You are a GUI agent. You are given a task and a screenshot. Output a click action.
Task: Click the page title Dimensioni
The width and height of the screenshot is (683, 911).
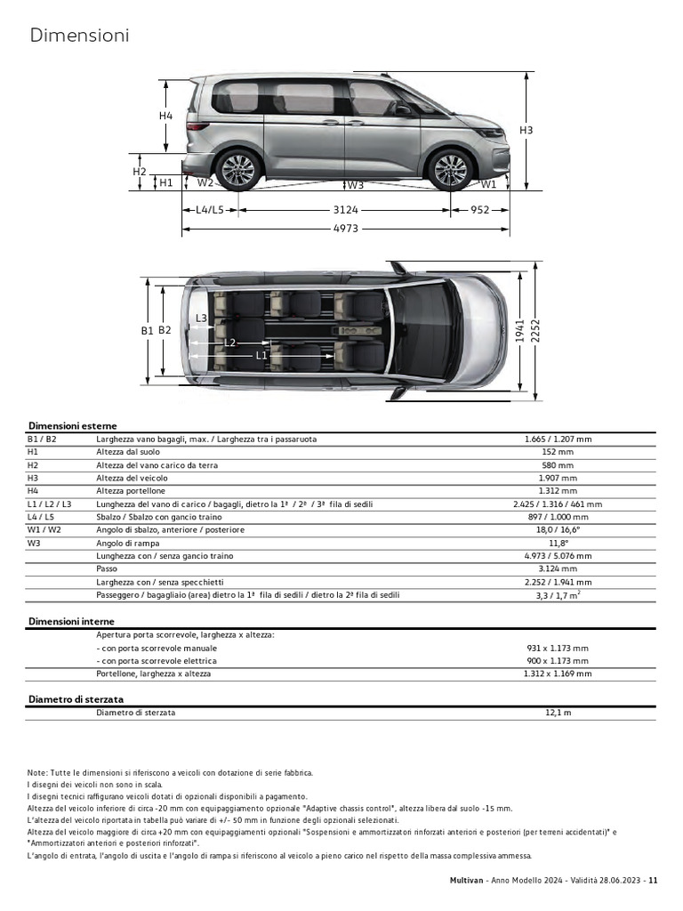click(x=79, y=36)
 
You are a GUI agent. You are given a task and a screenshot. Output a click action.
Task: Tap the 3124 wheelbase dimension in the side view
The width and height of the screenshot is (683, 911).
click(x=345, y=211)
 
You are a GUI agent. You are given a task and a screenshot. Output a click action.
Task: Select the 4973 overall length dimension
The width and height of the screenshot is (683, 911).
click(x=345, y=230)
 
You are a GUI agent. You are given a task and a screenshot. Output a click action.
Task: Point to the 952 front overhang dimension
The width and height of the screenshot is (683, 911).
click(x=480, y=211)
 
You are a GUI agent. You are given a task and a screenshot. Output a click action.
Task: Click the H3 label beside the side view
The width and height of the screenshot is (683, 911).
click(x=526, y=131)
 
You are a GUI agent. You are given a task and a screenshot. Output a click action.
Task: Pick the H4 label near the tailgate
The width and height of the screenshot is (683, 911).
click(x=166, y=116)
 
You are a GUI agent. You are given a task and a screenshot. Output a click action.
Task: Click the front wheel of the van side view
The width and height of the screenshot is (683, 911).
click(x=449, y=170)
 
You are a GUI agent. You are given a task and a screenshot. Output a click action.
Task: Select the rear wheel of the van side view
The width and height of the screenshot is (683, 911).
click(x=238, y=170)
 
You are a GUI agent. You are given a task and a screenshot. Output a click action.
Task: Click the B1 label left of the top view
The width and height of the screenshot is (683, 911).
click(x=147, y=330)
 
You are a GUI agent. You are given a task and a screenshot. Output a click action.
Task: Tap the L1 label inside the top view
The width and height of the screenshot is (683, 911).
click(x=261, y=355)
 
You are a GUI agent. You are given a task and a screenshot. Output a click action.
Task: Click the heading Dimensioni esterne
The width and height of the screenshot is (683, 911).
click(x=72, y=426)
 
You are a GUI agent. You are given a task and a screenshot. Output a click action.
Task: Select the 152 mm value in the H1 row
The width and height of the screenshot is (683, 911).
click(x=558, y=452)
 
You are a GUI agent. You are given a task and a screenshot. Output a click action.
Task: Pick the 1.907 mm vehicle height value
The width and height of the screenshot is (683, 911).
click(x=558, y=478)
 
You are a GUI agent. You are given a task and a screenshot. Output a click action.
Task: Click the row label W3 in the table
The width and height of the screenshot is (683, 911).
click(x=36, y=543)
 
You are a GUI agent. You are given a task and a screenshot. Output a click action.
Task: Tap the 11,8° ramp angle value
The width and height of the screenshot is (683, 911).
click(x=558, y=543)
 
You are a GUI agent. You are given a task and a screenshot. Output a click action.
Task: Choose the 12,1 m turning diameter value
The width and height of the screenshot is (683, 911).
click(x=558, y=713)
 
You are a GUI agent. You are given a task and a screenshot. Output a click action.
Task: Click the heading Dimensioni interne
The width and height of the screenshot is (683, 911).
click(x=71, y=621)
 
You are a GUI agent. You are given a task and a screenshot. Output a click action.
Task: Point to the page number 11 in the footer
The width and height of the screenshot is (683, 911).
click(x=653, y=881)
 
